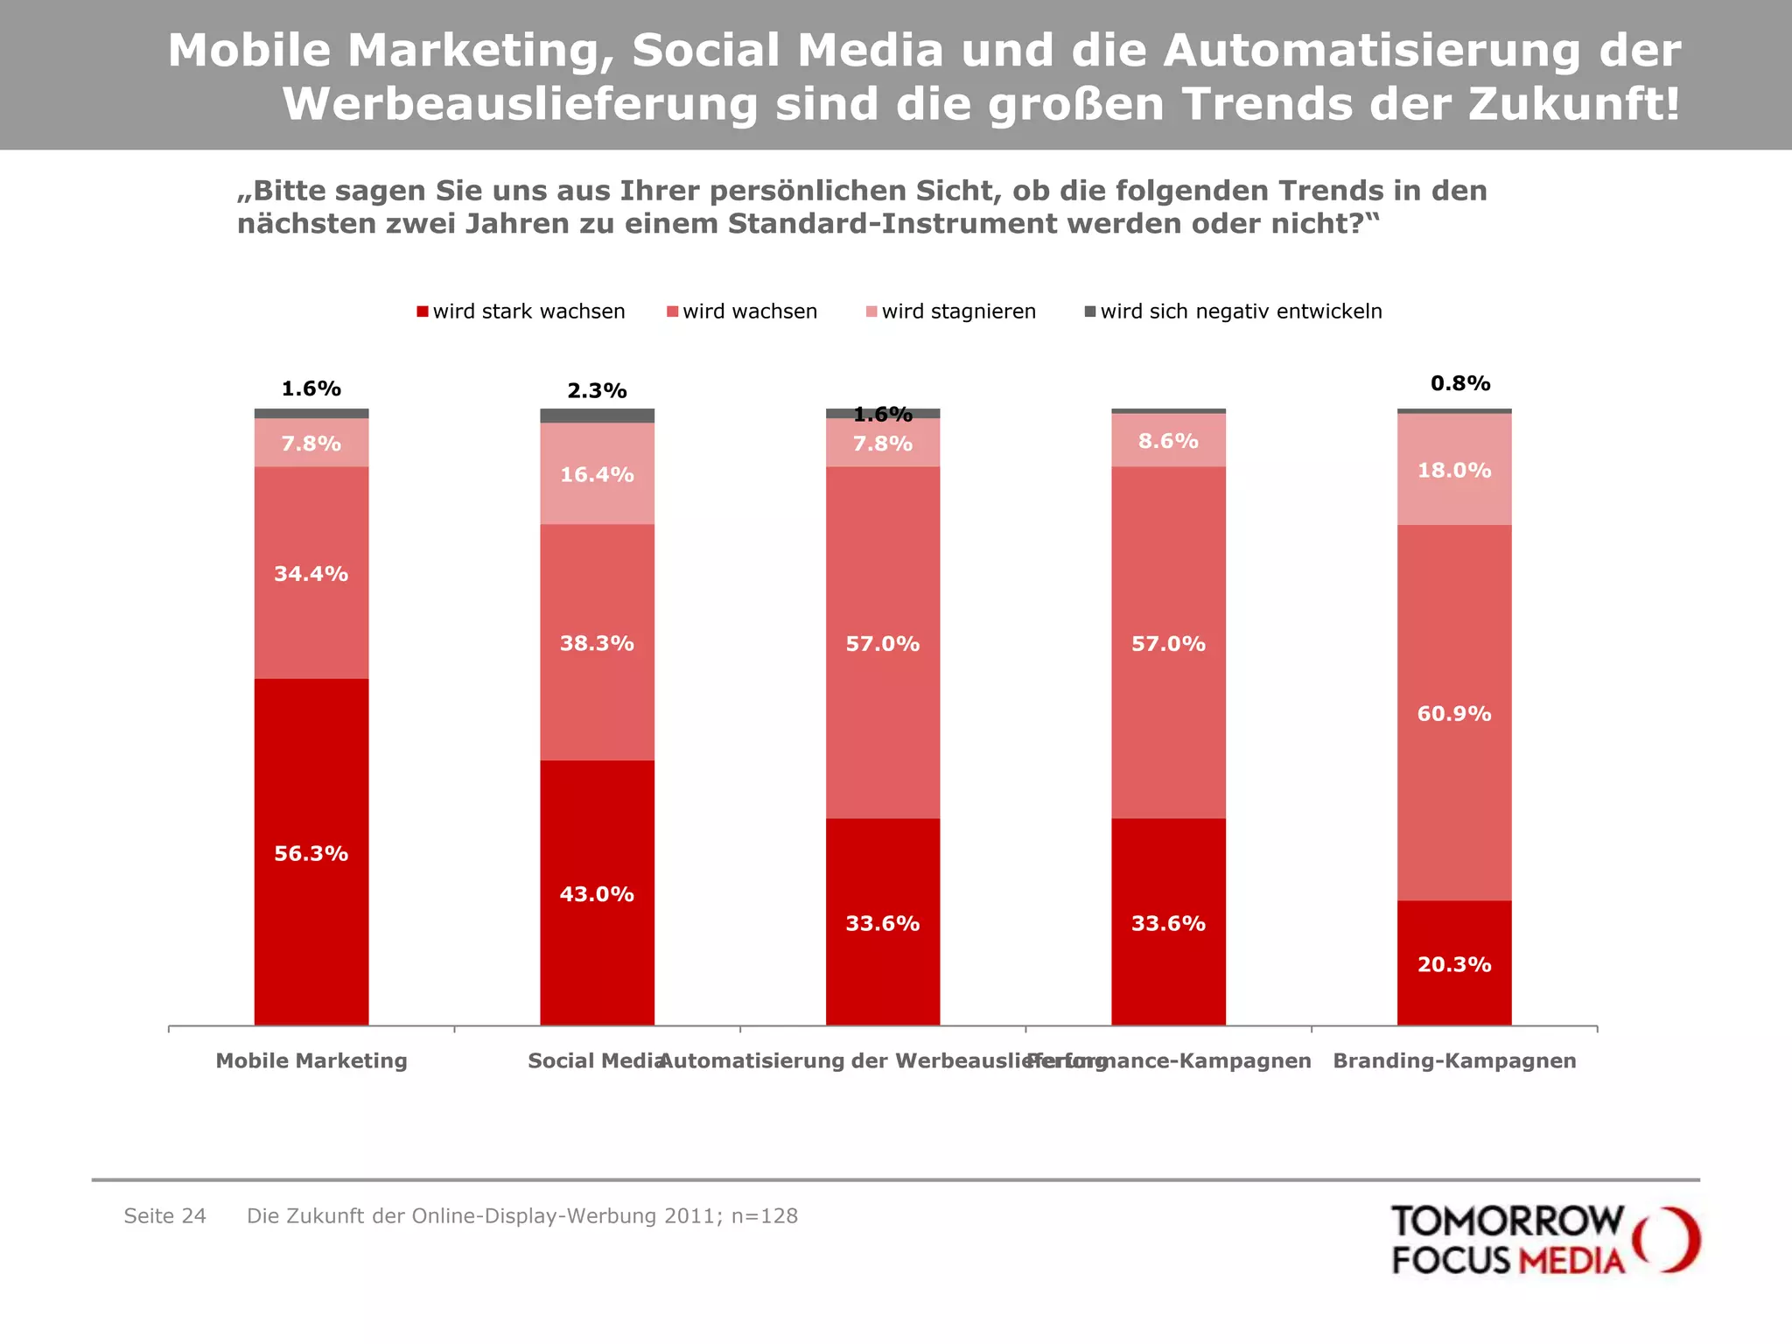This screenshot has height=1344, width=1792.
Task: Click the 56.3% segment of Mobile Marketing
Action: pyautogui.click(x=311, y=853)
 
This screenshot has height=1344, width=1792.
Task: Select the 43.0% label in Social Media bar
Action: pyautogui.click(x=597, y=894)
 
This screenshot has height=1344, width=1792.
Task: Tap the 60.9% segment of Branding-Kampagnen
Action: pyautogui.click(x=1454, y=713)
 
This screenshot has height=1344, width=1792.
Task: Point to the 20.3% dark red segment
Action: pyautogui.click(x=1454, y=963)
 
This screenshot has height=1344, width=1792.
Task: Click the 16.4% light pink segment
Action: pyautogui.click(x=597, y=474)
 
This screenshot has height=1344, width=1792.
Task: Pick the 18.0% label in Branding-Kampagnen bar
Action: pyautogui.click(x=1454, y=471)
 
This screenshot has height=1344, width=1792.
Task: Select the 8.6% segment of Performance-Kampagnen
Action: pyautogui.click(x=1168, y=441)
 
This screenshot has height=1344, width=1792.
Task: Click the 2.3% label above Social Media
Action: pyautogui.click(x=597, y=391)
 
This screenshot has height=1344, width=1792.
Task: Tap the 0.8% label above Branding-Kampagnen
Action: pyautogui.click(x=1460, y=383)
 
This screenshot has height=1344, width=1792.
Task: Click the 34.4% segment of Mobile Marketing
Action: pyautogui.click(x=311, y=573)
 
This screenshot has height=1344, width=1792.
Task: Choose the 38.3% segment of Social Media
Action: pyautogui.click(x=597, y=643)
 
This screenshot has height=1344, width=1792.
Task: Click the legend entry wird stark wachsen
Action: pyautogui.click(x=521, y=311)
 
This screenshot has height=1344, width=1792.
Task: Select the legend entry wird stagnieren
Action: pyautogui.click(x=951, y=311)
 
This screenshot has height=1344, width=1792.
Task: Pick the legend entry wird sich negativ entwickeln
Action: pyautogui.click(x=1234, y=311)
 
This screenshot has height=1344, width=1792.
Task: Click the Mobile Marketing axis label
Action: pyautogui.click(x=311, y=1060)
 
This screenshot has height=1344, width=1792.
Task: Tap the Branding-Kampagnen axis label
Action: pyautogui.click(x=1454, y=1060)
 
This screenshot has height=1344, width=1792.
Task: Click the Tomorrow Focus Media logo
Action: pyautogui.click(x=1544, y=1240)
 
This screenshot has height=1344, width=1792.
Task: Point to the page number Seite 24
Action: pyautogui.click(x=164, y=1216)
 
